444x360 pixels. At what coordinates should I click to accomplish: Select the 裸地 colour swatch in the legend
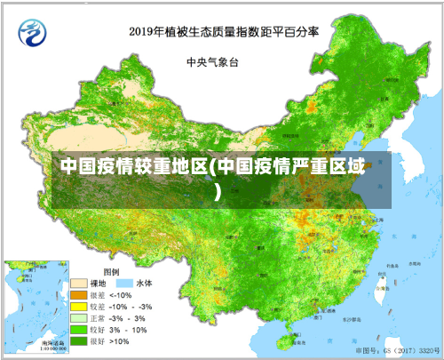coord(80,283)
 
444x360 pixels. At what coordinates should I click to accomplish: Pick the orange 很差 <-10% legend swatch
coord(80,294)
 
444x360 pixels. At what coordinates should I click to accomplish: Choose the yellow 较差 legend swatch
coord(80,306)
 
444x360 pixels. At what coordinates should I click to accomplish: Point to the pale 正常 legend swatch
coord(80,317)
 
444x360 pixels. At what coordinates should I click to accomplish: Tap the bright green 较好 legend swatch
coord(80,329)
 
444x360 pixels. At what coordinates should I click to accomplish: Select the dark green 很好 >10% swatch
coord(80,340)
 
